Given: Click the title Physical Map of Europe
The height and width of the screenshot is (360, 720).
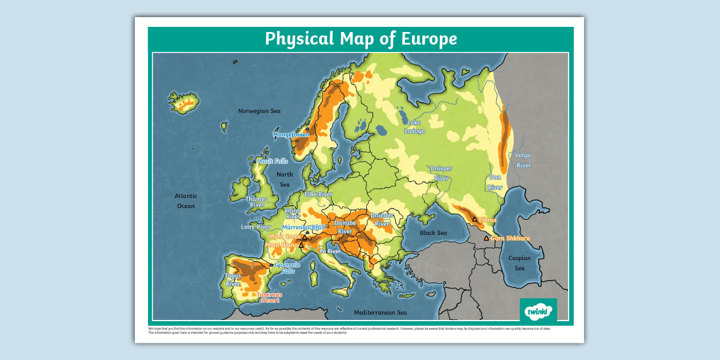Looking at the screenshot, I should coord(361,39).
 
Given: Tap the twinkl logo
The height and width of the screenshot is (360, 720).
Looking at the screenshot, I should coord(538,311).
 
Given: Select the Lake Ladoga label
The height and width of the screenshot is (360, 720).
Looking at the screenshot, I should coord(415,127).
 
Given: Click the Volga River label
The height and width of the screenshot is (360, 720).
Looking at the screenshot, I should coord(523,160).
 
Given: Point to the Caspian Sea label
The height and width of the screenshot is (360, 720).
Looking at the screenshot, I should coord(519,263).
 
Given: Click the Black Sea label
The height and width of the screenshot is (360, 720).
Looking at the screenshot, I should coord(433,233).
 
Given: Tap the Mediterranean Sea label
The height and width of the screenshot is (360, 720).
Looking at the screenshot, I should coord(380,313).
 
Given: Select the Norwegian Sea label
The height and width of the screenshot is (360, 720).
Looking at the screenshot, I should coord(259,111).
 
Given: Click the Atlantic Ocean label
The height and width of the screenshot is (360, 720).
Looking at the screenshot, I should coord(186,201).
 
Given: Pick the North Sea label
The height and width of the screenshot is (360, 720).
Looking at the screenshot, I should coord(285,179).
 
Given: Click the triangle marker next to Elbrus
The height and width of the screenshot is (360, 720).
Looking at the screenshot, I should coord(474,219).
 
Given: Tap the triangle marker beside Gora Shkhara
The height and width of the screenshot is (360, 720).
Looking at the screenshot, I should coord(486,238).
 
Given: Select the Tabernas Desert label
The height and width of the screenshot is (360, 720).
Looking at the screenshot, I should coord(269,297).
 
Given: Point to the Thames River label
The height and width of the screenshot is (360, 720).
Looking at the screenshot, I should coord(257,202).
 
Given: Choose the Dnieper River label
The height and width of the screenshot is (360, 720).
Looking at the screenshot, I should coord(441,173).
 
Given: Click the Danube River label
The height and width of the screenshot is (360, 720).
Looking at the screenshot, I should coord(345,227).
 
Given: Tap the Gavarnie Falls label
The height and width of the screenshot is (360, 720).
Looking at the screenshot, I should coord(287,267).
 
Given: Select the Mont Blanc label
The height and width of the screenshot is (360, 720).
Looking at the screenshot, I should coord(281,245).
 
